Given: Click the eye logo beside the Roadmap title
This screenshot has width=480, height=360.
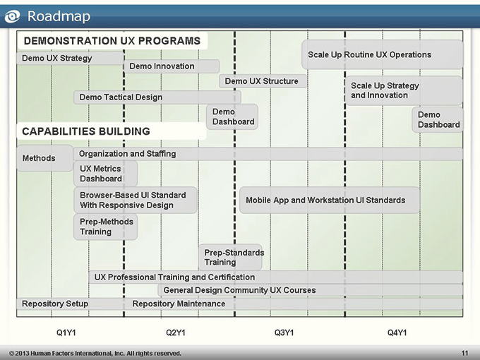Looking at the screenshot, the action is pos(12,16).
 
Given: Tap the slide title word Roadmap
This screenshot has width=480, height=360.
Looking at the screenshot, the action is pos(59,16).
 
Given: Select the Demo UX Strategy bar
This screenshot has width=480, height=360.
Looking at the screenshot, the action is pos(70,58).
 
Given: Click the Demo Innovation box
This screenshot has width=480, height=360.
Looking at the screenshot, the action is pos(172,66).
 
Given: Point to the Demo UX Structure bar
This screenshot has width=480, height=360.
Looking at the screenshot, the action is pos(263,81).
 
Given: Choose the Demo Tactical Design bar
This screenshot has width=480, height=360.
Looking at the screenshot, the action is pos(157,97).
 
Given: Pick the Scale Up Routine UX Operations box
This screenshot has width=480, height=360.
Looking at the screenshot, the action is pos(383,54).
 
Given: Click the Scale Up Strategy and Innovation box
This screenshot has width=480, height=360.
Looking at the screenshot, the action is pos(404,90).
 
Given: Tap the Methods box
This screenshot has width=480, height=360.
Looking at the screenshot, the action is pos(45,158).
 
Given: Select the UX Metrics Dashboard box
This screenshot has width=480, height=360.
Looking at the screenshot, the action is pos(106,174).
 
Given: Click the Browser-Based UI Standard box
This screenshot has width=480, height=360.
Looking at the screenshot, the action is pos(136,200).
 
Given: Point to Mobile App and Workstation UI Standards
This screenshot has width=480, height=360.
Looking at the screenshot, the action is pos(330,200).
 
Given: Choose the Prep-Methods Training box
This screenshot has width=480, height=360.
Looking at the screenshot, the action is pos(106,227).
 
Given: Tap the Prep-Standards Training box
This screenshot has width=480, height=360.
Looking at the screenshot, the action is pos(230,257).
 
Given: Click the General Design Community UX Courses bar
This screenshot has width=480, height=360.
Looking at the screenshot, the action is pos(311,290).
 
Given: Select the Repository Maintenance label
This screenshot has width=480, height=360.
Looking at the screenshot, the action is pos(179,304).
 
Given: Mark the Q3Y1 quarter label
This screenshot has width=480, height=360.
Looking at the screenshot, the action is pos(284,332).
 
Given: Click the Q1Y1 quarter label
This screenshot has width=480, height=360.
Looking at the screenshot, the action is pos(66,332).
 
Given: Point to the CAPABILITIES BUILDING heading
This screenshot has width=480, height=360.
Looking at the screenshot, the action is pos(86,131).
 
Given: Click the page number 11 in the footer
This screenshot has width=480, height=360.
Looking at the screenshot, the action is pos(464,353).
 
